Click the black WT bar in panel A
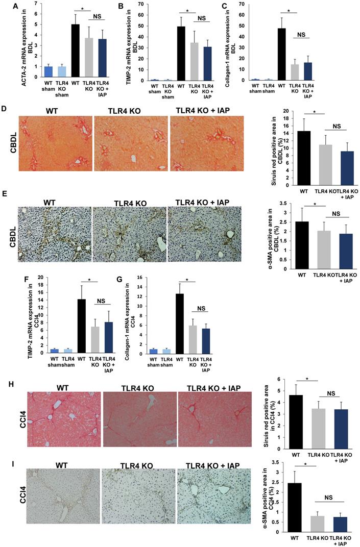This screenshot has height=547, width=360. pyautogui.click(x=75, y=51)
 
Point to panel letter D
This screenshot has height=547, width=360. pyautogui.click(x=5, y=109)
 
